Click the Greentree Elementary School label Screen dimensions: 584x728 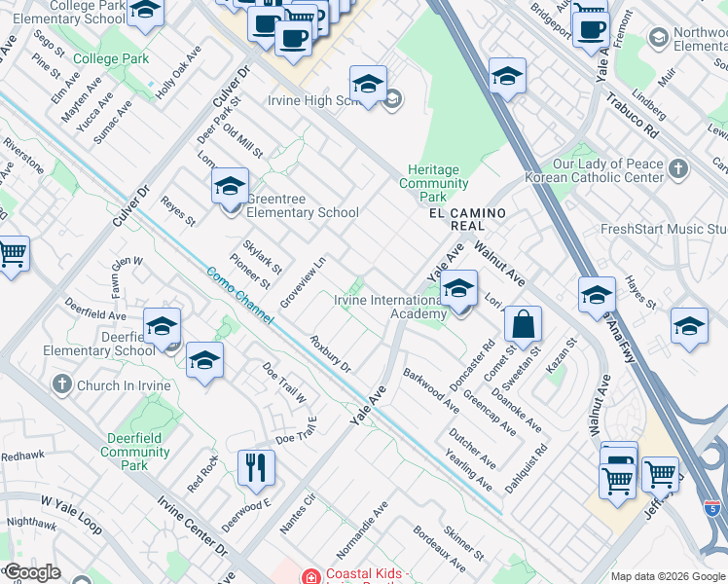click(303, 206)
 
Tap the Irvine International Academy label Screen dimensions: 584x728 click(389, 307)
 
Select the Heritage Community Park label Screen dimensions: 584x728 click(434, 176)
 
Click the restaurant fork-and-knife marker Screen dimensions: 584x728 click(256, 467)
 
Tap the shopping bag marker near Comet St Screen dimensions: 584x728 click(523, 325)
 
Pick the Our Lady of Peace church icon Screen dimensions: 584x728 click(678, 168)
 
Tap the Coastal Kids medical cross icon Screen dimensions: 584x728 click(310, 576)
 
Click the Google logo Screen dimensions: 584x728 click(32, 572)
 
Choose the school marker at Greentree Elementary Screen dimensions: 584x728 click(231, 186)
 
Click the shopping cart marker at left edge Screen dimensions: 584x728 click(11, 254)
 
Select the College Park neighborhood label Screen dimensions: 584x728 click(111, 58)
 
